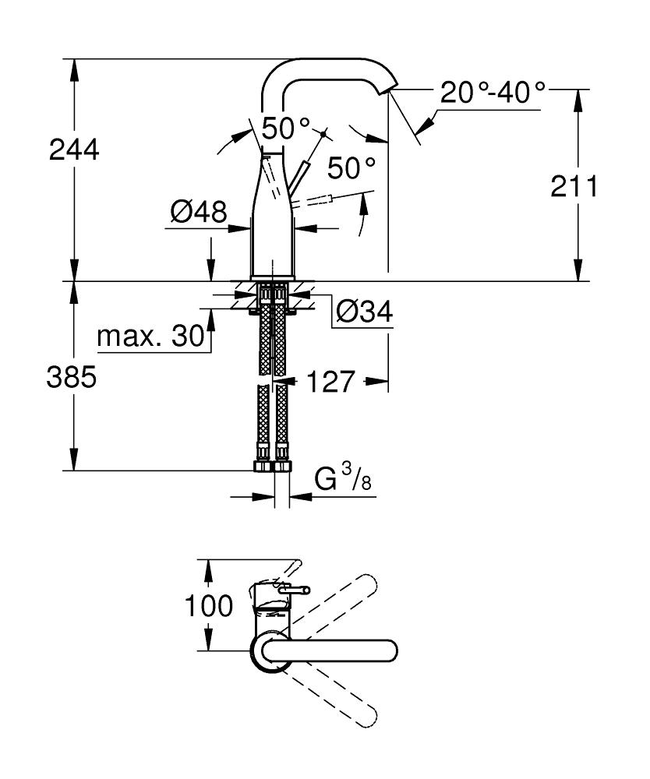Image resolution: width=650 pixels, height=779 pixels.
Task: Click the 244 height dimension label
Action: (x=74, y=150)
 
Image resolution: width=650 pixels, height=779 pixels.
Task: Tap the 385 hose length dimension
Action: (x=72, y=379)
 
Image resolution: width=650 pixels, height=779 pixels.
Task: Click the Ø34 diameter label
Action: (x=364, y=313)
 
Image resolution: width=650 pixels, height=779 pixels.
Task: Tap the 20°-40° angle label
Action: (x=493, y=93)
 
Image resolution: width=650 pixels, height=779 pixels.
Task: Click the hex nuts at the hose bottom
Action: (x=272, y=467)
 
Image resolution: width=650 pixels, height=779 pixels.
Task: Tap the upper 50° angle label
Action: (x=285, y=128)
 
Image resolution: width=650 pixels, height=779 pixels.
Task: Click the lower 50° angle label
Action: (x=351, y=167)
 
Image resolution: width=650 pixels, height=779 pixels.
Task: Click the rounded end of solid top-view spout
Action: (x=390, y=650)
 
